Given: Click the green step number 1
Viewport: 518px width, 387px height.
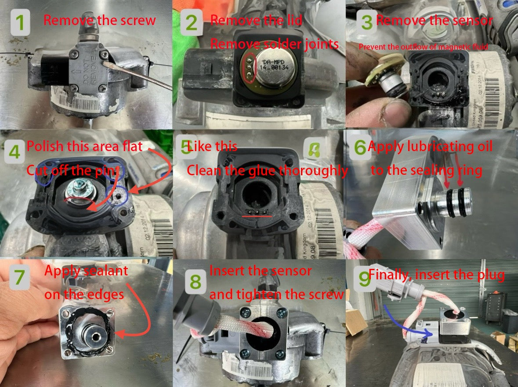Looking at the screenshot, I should (20, 23).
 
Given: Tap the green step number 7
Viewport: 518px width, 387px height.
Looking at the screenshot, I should (19, 278).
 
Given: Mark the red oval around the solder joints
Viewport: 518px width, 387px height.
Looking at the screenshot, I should (249, 68).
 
